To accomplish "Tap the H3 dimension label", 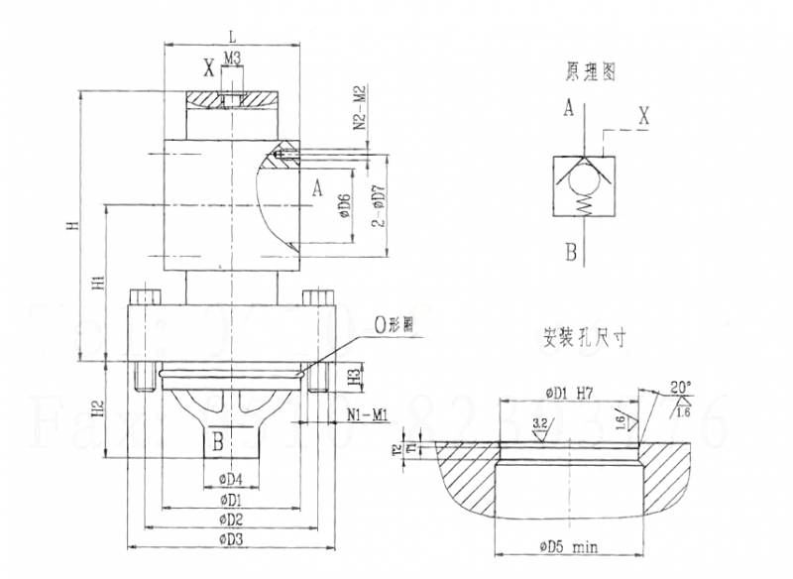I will [x=354, y=378].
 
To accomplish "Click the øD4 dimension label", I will [x=230, y=483].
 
